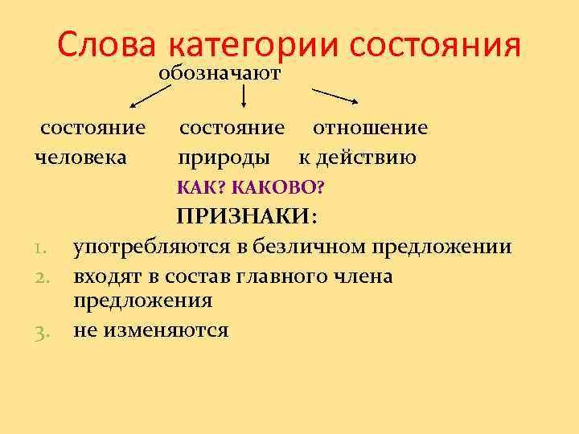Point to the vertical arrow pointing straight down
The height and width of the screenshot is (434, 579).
(244, 96)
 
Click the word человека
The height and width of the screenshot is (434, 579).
(80, 157)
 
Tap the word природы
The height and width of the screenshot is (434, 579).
(224, 158)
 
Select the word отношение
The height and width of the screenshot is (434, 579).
(370, 128)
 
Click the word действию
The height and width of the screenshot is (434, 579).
(367, 157)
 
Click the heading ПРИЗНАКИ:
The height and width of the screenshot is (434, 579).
(248, 217)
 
